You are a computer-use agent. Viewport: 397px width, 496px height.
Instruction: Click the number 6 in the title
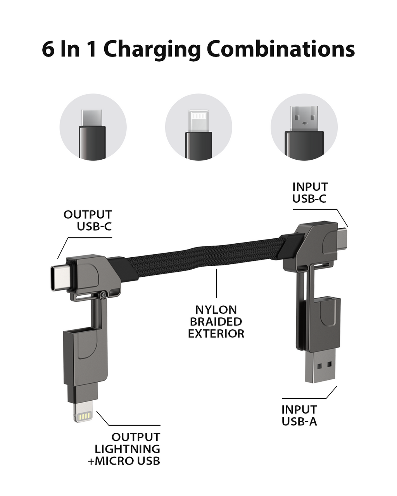[x=48, y=49]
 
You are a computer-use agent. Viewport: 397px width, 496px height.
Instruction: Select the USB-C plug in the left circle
[x=92, y=118]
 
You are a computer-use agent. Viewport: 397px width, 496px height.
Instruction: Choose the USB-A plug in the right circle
[x=304, y=118]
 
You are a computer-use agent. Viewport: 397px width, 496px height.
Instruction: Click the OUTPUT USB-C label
[x=88, y=220]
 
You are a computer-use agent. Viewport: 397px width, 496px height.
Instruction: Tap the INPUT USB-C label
[x=310, y=193]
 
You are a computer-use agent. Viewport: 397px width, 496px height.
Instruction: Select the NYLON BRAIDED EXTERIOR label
[x=216, y=322]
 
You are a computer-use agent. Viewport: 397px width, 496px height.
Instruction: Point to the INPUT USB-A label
[x=299, y=415]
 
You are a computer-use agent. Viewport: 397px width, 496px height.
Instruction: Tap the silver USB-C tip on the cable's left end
[x=60, y=277]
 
